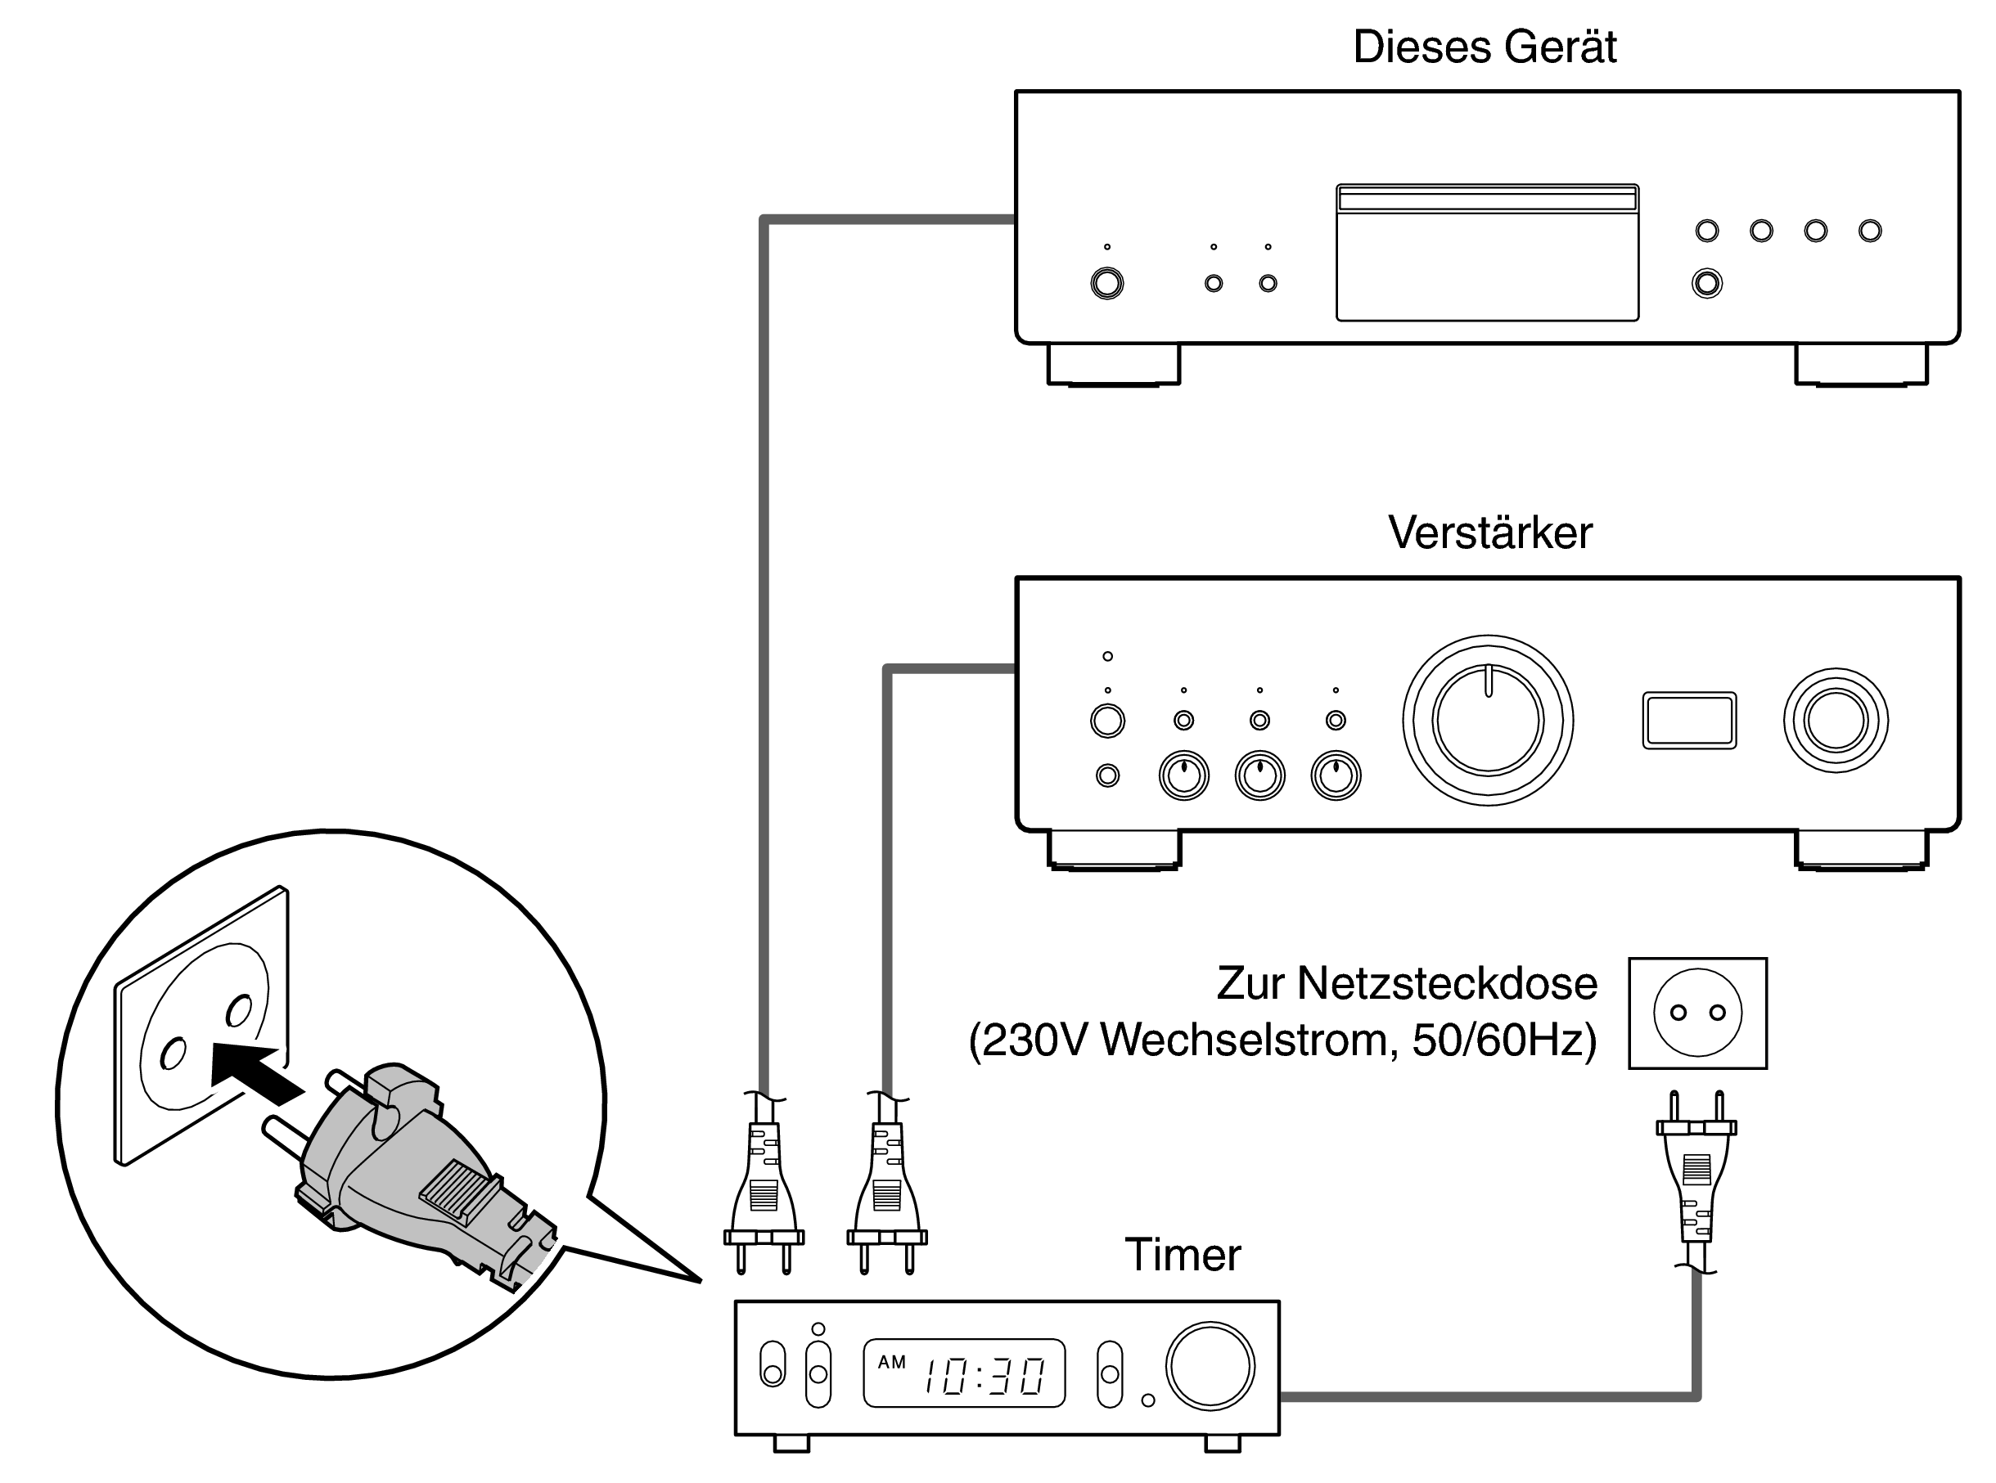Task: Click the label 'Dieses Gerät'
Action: coord(1484,47)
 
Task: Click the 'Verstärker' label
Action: coord(1489,533)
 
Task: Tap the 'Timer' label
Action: coord(1182,1254)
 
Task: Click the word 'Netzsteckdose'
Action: coord(1447,983)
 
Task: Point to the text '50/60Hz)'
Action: coord(1504,1040)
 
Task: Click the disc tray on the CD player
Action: coord(1486,252)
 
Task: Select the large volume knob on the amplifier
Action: coord(1487,720)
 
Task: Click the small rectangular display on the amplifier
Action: coord(1688,720)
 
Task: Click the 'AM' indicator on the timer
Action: coord(891,1362)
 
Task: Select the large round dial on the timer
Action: coord(1210,1364)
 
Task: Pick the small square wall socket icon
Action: coord(1697,1013)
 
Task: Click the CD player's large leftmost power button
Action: coord(1106,284)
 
